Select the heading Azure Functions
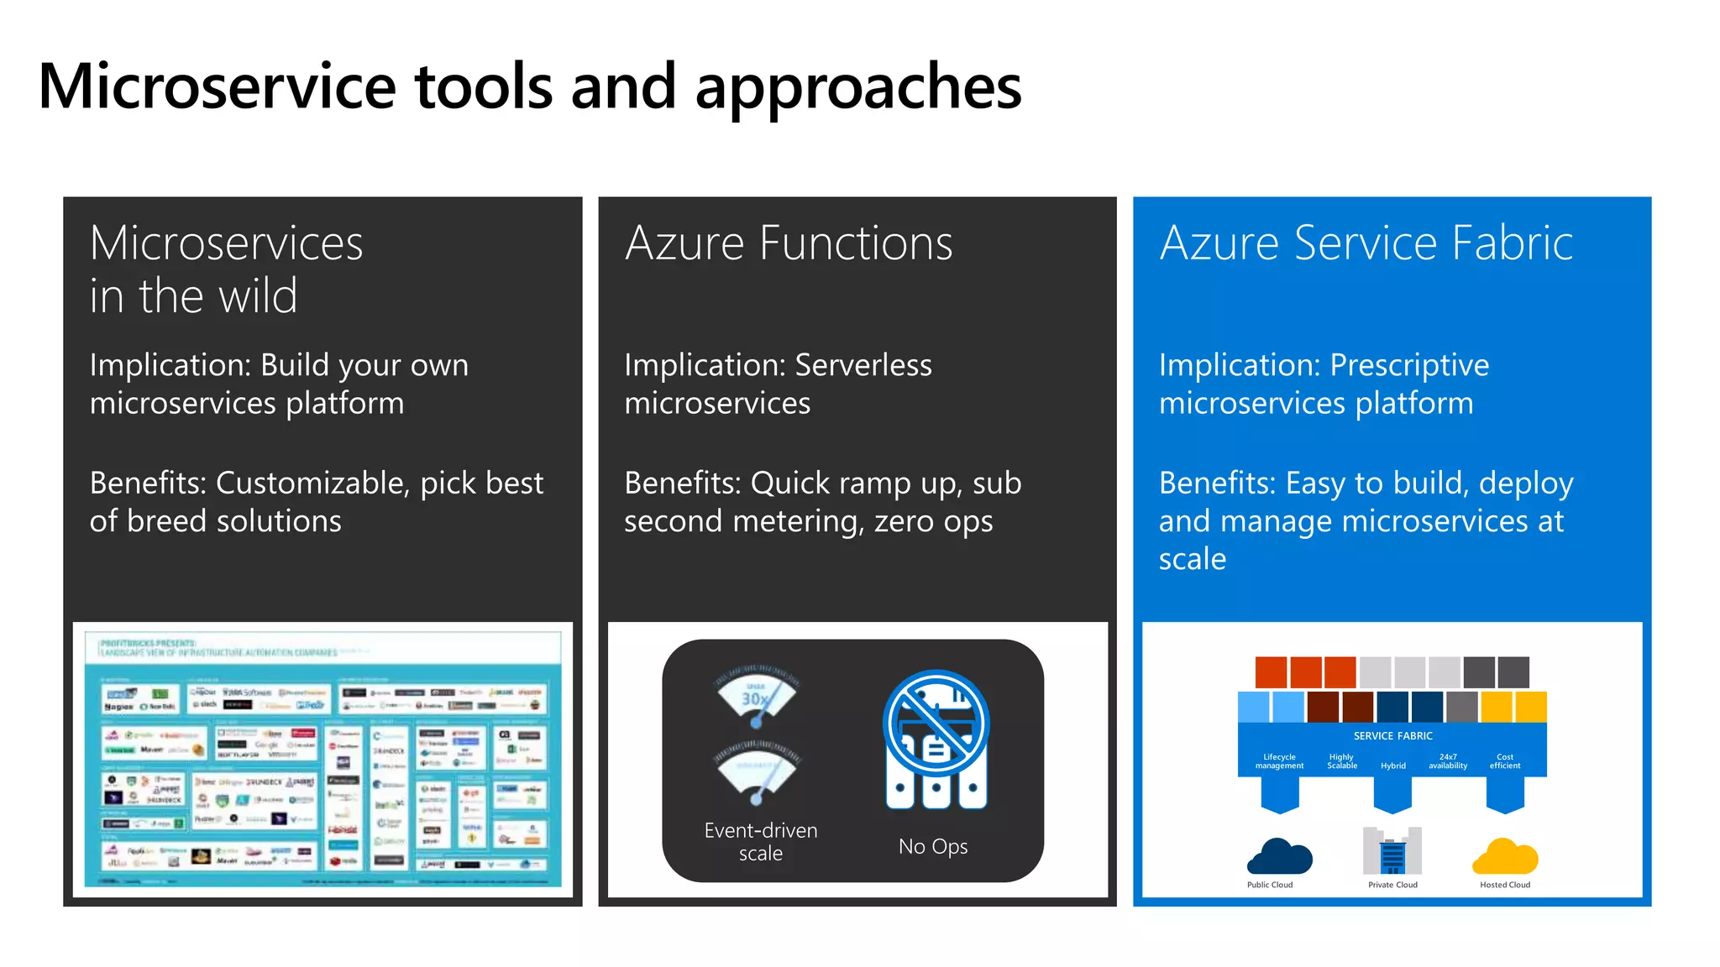tap(789, 243)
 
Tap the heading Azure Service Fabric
tap(1366, 243)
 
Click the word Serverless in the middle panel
tap(863, 365)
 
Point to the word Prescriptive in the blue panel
tap(1408, 365)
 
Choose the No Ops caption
tap(932, 846)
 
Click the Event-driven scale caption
tap(760, 841)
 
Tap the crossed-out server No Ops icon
tap(936, 739)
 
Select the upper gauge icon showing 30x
tap(757, 696)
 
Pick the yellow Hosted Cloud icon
tap(1504, 857)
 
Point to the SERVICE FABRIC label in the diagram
tap(1392, 736)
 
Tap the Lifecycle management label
tap(1279, 761)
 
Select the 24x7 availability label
tap(1448, 761)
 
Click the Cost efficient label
tap(1504, 761)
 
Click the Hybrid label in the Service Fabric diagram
tap(1392, 766)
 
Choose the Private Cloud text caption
tap(1392, 885)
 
